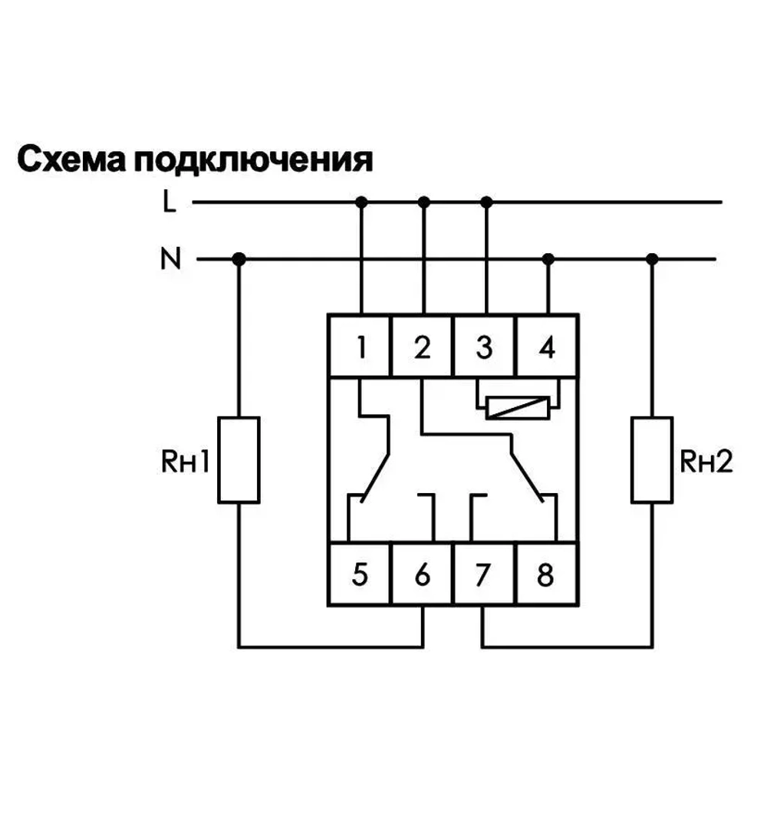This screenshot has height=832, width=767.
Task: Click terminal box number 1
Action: point(360,347)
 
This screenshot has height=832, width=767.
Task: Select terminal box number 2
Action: point(423,347)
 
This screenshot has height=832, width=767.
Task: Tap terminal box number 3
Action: point(485,347)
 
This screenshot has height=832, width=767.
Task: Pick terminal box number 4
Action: point(547,347)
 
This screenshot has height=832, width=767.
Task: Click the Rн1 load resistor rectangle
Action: point(239,460)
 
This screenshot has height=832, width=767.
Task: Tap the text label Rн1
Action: point(184,462)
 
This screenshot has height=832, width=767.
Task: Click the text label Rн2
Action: point(706,462)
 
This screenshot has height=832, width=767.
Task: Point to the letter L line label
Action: point(169,202)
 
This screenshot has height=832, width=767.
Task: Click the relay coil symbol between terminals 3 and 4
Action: point(518,408)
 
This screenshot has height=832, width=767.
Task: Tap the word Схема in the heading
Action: point(71,161)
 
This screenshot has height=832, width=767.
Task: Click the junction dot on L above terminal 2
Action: point(423,202)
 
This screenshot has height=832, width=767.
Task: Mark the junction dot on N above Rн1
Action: point(239,259)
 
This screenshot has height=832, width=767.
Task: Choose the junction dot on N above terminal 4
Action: point(548,259)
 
